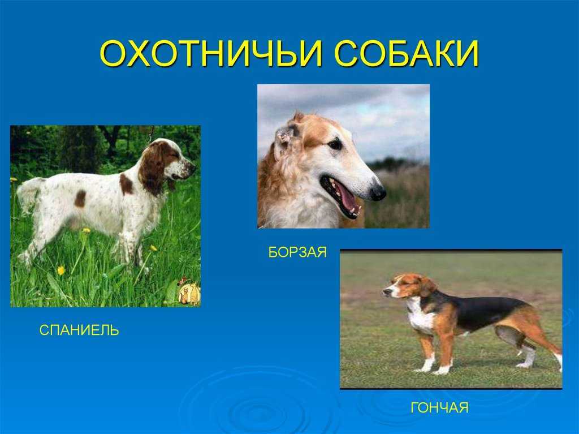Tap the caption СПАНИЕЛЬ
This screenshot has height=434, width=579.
[79, 330]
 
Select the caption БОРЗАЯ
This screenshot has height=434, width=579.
[297, 252]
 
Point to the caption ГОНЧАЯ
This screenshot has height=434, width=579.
[439, 408]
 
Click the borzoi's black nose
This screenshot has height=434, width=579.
[378, 192]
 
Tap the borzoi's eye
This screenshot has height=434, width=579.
[335, 143]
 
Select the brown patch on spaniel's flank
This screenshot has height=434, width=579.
[80, 199]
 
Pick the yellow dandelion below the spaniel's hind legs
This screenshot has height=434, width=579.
[61, 270]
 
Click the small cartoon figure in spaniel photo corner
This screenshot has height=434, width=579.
[189, 293]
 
